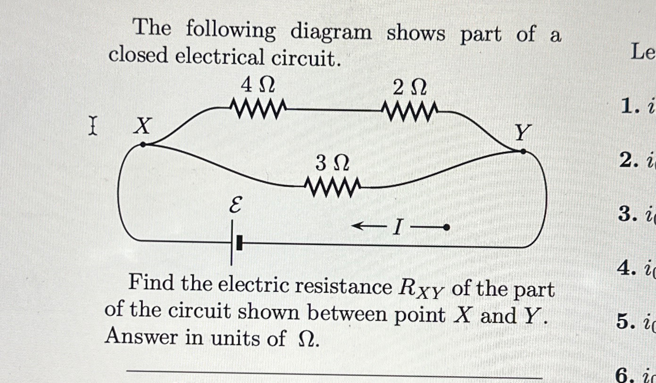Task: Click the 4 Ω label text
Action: coord(257,86)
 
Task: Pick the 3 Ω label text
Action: coord(332,163)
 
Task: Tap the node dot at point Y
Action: coord(523,151)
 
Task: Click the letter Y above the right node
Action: coord(523,133)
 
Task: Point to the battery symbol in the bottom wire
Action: coord(236,243)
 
